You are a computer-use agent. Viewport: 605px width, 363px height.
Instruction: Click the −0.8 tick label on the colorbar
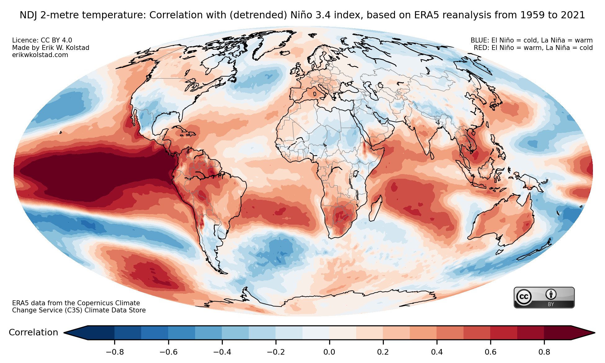click(x=115, y=352)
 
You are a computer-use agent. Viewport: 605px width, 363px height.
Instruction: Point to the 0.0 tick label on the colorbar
click(x=329, y=352)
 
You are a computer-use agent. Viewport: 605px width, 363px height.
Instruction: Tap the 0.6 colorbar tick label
click(x=491, y=352)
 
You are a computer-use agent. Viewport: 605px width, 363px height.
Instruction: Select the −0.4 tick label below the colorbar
click(x=222, y=352)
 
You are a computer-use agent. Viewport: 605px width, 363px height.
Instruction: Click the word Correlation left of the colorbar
click(x=34, y=333)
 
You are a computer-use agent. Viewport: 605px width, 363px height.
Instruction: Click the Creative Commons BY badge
click(x=544, y=298)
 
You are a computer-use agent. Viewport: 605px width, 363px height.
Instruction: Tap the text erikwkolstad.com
click(x=40, y=55)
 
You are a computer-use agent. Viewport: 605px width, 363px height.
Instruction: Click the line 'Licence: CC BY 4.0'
click(x=42, y=40)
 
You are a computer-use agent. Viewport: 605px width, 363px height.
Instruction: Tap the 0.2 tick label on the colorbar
click(x=383, y=352)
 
